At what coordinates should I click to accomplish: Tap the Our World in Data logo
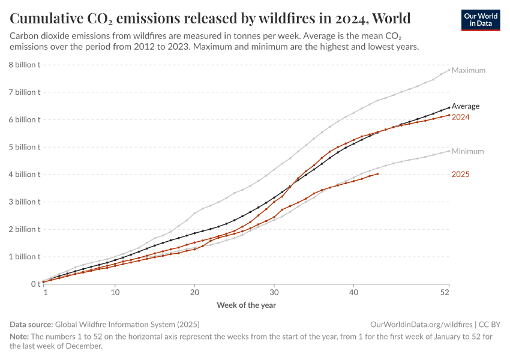click(480, 19)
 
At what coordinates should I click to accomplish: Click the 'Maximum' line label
click(468, 70)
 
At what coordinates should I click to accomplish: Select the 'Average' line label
click(465, 106)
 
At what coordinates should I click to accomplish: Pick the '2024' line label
click(460, 117)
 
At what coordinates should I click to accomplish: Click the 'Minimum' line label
click(467, 151)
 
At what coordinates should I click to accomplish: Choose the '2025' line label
click(460, 175)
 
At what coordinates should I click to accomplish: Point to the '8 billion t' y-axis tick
click(24, 65)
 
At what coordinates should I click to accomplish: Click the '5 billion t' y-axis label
click(24, 147)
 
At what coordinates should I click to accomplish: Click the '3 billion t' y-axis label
click(24, 202)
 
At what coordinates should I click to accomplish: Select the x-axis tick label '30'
click(274, 292)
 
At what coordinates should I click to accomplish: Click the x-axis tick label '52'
click(445, 292)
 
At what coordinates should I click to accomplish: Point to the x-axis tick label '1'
click(46, 292)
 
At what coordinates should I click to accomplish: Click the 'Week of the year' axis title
click(246, 305)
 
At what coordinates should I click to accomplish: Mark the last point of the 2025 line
click(377, 174)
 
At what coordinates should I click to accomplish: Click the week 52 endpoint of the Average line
click(449, 108)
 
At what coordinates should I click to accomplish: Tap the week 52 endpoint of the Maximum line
click(449, 69)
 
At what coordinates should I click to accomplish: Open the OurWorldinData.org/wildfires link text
click(418, 324)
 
